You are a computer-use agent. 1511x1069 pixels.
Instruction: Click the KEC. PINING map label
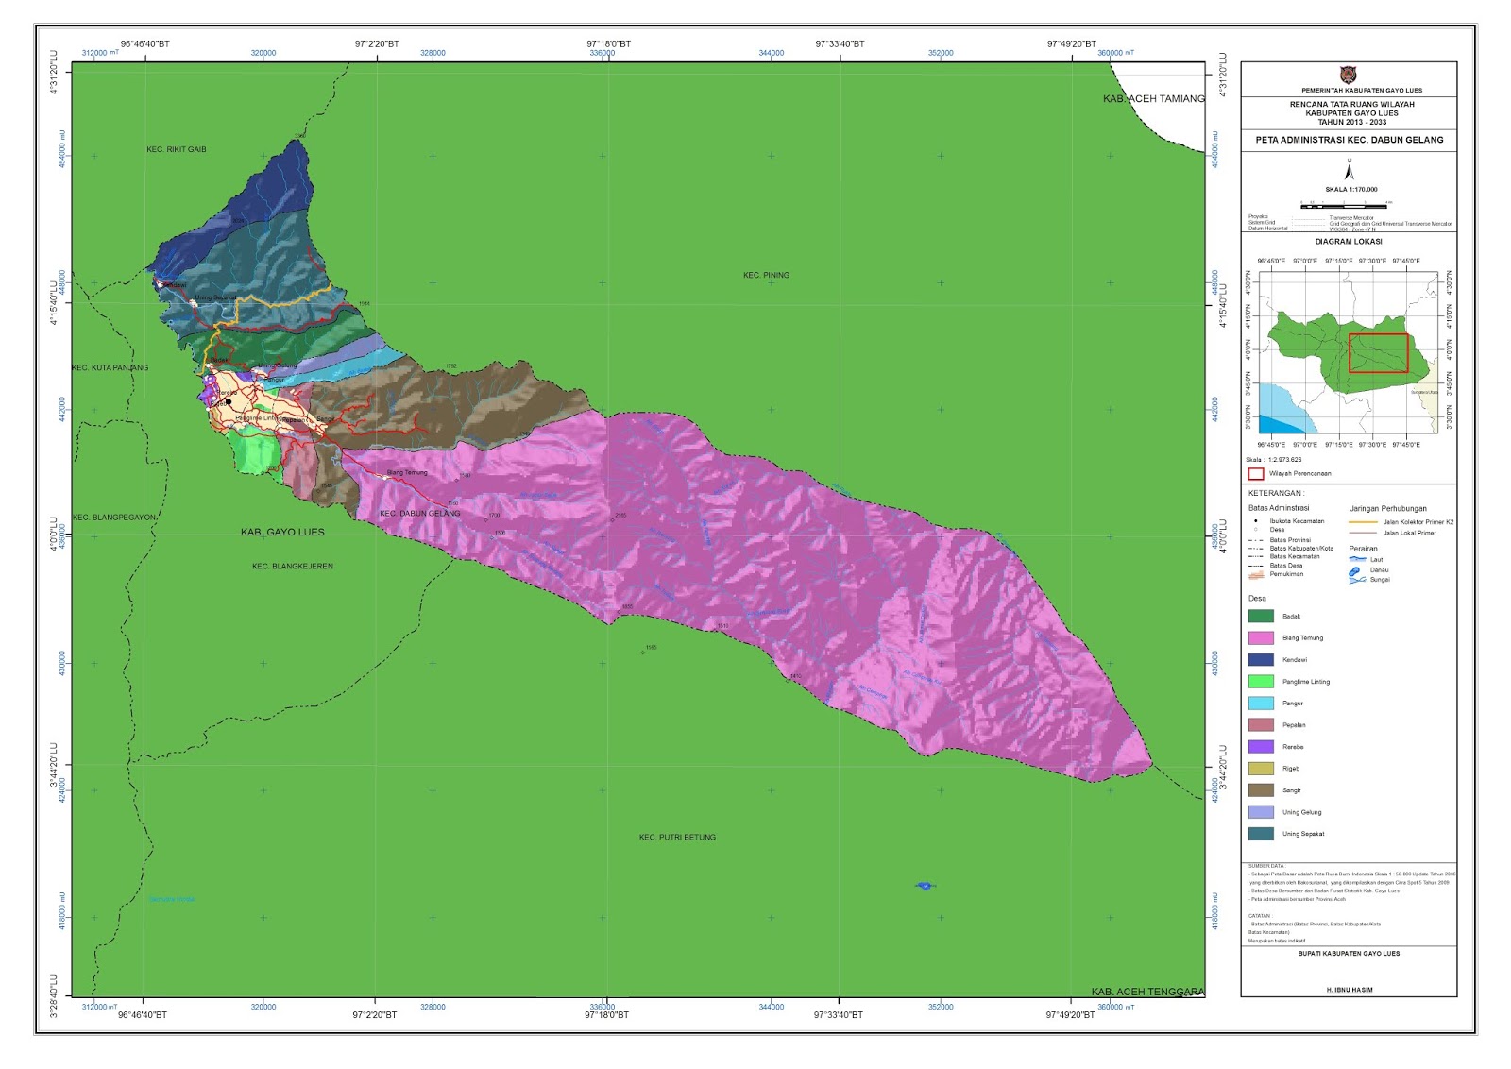click(x=765, y=275)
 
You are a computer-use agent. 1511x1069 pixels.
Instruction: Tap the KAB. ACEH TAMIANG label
click(x=1153, y=99)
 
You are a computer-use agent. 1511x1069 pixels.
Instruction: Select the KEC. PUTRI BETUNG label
click(x=677, y=837)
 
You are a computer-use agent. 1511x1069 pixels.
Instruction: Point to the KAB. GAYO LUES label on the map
click(x=282, y=533)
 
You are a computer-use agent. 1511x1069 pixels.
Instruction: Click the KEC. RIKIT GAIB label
click(x=177, y=149)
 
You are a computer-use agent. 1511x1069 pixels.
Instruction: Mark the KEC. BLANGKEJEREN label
click(x=292, y=567)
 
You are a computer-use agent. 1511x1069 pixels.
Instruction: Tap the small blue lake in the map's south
click(x=925, y=885)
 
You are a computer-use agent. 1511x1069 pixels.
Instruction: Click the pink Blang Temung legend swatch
click(x=1261, y=637)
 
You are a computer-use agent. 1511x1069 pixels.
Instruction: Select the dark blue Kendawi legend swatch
click(x=1261, y=659)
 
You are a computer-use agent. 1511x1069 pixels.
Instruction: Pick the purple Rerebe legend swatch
click(x=1261, y=747)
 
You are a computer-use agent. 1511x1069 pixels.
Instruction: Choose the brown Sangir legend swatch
click(x=1261, y=790)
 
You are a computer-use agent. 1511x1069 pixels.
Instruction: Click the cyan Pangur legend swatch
click(x=1261, y=704)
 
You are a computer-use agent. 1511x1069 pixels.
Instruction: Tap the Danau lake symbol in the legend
click(x=1354, y=570)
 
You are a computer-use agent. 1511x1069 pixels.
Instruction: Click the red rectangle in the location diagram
click(x=1378, y=353)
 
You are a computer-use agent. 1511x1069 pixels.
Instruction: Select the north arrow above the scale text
click(x=1349, y=170)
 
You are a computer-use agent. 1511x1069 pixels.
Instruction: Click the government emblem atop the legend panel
click(x=1348, y=75)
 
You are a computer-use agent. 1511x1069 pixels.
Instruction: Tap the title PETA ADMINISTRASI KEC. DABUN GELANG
click(x=1349, y=140)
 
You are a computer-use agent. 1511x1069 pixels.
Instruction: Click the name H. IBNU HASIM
click(x=1349, y=990)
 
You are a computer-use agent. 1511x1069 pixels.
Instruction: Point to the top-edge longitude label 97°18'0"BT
click(x=608, y=44)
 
